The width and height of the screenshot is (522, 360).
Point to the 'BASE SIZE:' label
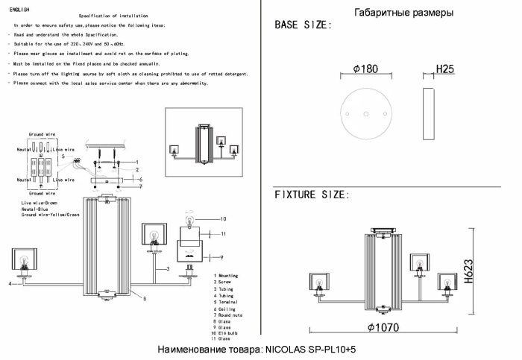(303, 26)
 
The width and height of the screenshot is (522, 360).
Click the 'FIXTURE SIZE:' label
(311, 195)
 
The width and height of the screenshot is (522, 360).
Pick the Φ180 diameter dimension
(365, 69)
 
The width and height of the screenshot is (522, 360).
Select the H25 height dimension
(445, 69)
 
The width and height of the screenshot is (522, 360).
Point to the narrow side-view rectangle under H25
(427, 112)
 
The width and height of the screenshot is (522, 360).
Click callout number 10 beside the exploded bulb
(222, 219)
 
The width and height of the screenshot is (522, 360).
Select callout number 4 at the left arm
(10, 284)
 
